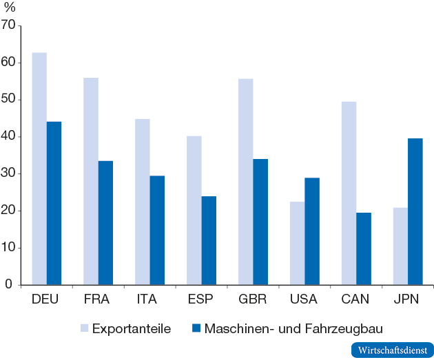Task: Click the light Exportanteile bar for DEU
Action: (x=39, y=169)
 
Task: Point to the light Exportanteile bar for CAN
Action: (x=349, y=193)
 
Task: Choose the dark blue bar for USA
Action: (x=312, y=231)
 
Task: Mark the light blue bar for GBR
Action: (x=246, y=182)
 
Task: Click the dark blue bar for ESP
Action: (x=209, y=240)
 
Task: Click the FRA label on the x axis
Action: (x=97, y=299)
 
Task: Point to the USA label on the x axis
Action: (x=304, y=299)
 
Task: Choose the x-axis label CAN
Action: (x=355, y=299)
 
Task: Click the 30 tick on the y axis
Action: (x=8, y=173)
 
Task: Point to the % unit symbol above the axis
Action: (x=9, y=8)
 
